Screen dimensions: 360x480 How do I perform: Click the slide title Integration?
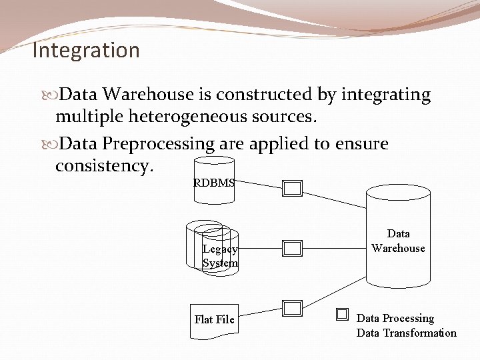(x=86, y=51)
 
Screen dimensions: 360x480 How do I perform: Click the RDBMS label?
(x=213, y=183)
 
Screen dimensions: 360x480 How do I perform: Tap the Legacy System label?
(x=220, y=256)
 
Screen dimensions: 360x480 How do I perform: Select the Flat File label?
(x=214, y=319)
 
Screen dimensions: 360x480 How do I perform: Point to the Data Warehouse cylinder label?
(x=398, y=241)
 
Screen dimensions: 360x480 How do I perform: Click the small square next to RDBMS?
(x=293, y=189)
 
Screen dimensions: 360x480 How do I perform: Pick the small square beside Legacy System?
(x=293, y=249)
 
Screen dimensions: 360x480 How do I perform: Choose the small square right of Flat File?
(x=292, y=308)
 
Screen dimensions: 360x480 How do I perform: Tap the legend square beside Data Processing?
(x=342, y=314)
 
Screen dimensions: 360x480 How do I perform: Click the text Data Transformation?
(x=407, y=333)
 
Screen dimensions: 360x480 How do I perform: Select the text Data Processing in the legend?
(x=395, y=319)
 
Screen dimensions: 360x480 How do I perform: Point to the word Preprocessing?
(x=159, y=143)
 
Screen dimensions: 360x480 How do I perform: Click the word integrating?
(x=386, y=95)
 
